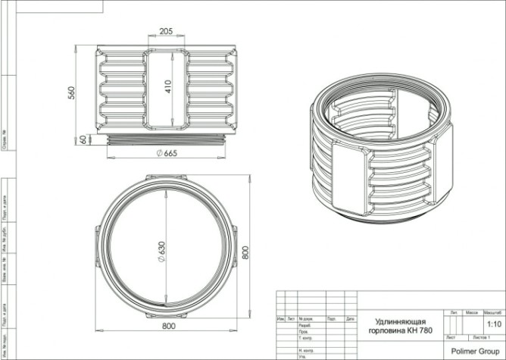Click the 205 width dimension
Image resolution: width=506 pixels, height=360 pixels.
click(164, 31)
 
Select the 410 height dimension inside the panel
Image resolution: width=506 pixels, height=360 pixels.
click(173, 89)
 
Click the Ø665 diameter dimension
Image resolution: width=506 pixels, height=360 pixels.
click(166, 154)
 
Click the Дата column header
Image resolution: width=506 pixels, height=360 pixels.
click(350, 318)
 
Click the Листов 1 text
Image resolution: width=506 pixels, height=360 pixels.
click(483, 336)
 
